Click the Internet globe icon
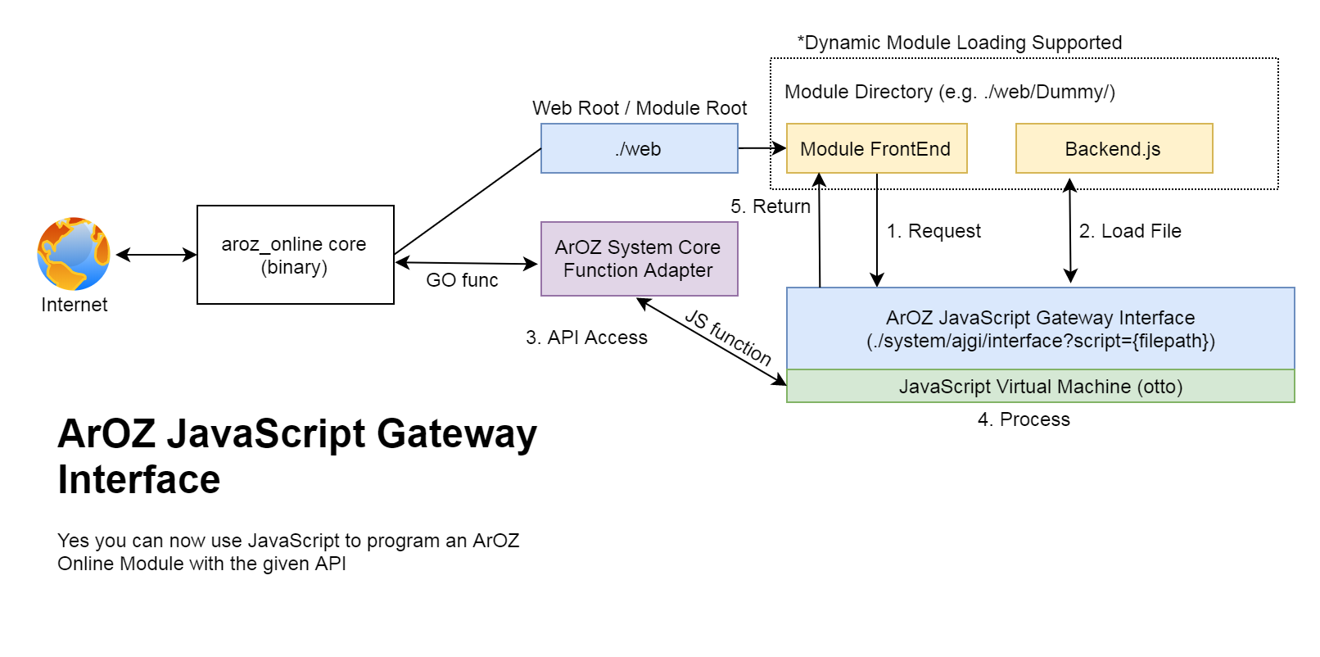[74, 254]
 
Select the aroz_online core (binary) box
[295, 255]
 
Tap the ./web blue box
[639, 148]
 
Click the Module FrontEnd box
[876, 148]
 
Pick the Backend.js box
[1114, 148]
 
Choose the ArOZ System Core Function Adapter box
[639, 259]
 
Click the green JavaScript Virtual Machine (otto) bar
[1040, 387]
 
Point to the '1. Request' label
[933, 231]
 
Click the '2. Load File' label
[1130, 231]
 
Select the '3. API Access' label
[586, 338]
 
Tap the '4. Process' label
[1024, 419]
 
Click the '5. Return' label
[771, 206]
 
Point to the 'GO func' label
[462, 280]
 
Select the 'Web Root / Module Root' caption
[640, 108]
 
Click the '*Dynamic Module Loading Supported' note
[960, 43]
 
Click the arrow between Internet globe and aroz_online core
[156, 255]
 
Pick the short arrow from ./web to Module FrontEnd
[762, 148]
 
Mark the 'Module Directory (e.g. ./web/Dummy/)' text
[950, 92]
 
